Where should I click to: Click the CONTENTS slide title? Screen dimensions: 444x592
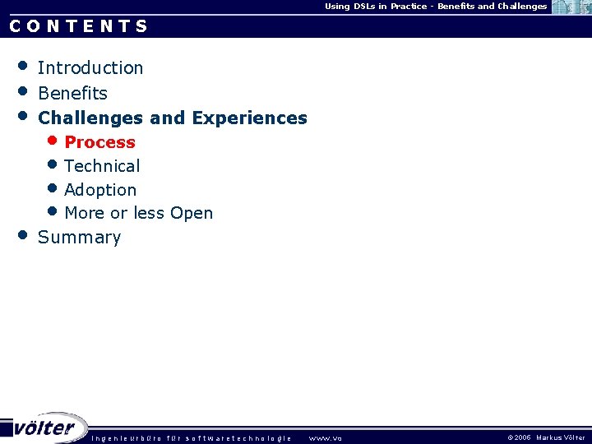coord(79,25)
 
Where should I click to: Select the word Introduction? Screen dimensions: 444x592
coord(90,68)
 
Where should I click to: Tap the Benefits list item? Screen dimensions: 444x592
coord(72,94)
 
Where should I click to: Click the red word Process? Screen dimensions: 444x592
coord(99,142)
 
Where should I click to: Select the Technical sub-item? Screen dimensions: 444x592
coord(102,166)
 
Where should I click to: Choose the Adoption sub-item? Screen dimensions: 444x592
coord(100,190)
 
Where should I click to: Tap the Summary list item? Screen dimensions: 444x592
coord(79,238)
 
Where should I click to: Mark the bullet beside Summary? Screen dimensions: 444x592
coord(23,235)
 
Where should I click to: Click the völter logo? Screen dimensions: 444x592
coord(44,428)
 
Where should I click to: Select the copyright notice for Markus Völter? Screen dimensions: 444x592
coord(546,438)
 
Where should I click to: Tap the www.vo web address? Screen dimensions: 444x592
coord(325,438)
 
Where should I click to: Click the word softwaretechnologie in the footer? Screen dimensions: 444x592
coord(238,438)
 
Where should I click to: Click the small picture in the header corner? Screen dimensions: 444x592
coord(572,7)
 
